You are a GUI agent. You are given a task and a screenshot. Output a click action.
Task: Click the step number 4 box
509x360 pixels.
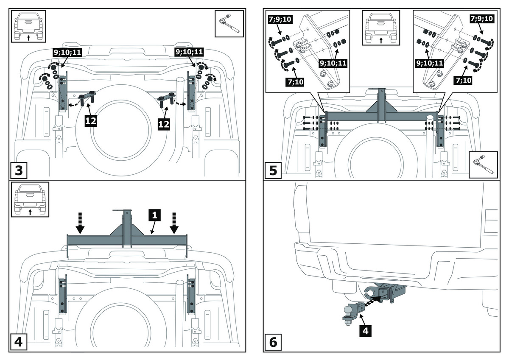click(x=19, y=341)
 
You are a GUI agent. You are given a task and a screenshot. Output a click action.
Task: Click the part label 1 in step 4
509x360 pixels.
click(x=155, y=215)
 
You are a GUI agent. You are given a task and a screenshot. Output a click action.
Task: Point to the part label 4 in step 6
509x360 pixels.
click(x=366, y=330)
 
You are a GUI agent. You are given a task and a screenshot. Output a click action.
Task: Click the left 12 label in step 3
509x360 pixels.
click(x=91, y=121)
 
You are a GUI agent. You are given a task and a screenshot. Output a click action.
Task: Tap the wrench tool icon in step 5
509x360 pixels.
click(x=484, y=164)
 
